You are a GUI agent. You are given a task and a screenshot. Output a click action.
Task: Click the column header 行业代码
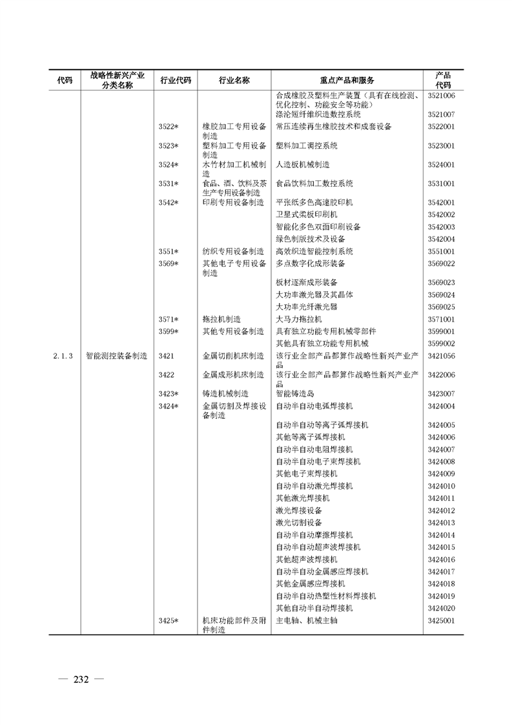click(175, 80)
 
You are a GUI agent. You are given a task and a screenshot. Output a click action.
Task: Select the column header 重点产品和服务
click(346, 80)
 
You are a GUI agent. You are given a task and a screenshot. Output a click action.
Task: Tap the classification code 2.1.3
click(66, 356)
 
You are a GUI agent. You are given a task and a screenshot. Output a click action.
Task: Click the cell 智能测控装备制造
click(117, 356)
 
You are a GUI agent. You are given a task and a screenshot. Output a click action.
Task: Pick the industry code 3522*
click(169, 127)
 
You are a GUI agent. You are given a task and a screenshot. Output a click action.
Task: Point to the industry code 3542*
click(169, 202)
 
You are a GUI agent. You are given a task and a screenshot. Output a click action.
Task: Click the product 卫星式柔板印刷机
click(306, 215)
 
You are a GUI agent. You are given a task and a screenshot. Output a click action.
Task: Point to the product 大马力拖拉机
click(298, 319)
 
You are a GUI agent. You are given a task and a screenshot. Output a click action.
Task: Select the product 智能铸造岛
click(294, 394)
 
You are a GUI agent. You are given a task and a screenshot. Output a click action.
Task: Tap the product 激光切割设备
click(298, 523)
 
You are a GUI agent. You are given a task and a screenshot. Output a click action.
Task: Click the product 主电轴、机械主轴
click(307, 621)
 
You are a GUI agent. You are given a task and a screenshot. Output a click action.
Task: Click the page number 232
click(81, 679)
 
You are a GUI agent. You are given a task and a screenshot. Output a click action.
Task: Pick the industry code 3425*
click(169, 621)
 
